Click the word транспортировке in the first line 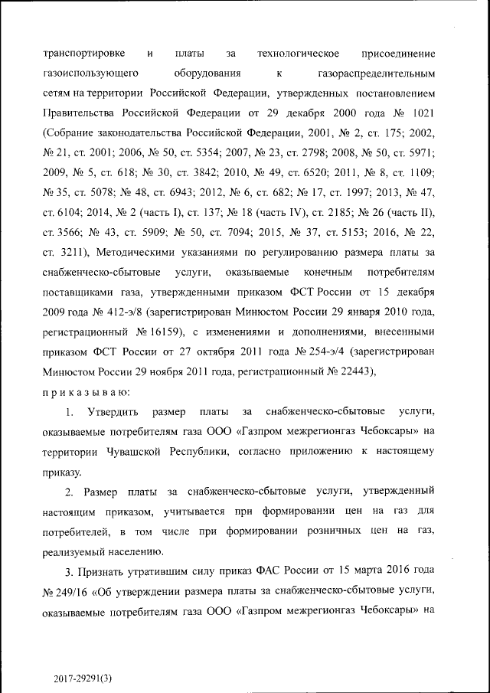[x=85, y=54]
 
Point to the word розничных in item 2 [x=346, y=531]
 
